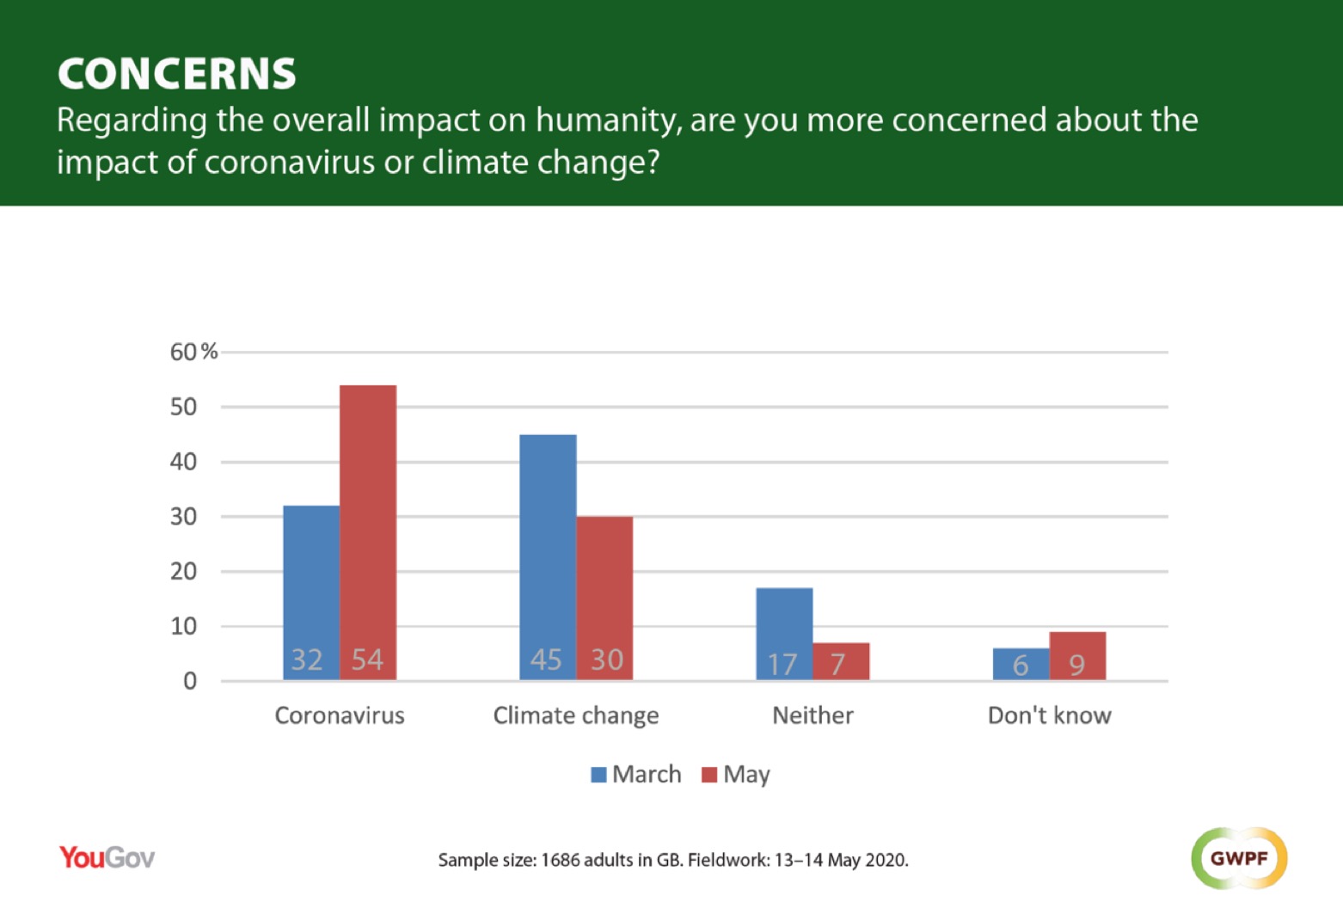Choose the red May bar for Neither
point(841,661)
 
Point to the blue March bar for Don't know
point(1021,664)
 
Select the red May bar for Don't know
point(1077,655)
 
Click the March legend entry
point(636,775)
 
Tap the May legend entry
point(737,775)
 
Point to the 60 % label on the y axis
point(193,352)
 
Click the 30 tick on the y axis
point(183,517)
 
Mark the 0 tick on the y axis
point(190,682)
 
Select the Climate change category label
point(576,715)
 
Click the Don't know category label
point(1049,715)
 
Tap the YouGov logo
point(107,857)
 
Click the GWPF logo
point(1239,858)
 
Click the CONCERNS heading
point(177,74)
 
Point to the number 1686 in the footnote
point(560,860)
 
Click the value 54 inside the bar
point(367,660)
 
